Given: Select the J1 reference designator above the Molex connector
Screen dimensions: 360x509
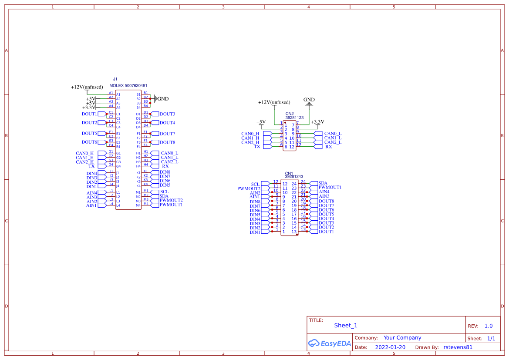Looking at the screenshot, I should tap(115, 79).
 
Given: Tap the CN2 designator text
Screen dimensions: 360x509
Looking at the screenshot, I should tap(290, 114).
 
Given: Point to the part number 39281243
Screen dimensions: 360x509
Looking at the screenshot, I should tap(294, 177).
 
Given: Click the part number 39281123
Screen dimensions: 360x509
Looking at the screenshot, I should tap(294, 118).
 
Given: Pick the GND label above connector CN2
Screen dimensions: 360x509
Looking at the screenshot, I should tap(309, 100).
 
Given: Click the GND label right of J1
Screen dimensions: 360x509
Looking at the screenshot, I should tap(163, 99).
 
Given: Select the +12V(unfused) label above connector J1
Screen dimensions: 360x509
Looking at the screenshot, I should tap(87, 87).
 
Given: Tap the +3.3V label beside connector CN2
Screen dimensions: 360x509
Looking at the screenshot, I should tap(317, 122).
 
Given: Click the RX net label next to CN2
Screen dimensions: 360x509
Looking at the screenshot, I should tap(329, 147).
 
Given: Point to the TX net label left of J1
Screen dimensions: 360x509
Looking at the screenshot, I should tap(91, 166).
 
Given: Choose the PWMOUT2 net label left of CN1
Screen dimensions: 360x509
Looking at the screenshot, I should tap(249, 188).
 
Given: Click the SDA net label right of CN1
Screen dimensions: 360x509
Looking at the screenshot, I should tap(323, 183).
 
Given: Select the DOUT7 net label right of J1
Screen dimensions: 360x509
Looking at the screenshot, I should tap(167, 134).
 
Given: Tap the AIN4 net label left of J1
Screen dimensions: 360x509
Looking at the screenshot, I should tap(92, 193).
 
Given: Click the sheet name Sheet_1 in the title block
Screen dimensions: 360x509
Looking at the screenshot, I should tap(345, 325).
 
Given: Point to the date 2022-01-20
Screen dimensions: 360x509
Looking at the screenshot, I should tap(390, 347).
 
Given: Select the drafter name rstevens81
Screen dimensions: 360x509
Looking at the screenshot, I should tap(458, 347).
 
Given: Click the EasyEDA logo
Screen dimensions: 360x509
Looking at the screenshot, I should tap(329, 343).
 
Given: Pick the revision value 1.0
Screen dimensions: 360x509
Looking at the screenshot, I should tap(488, 326).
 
